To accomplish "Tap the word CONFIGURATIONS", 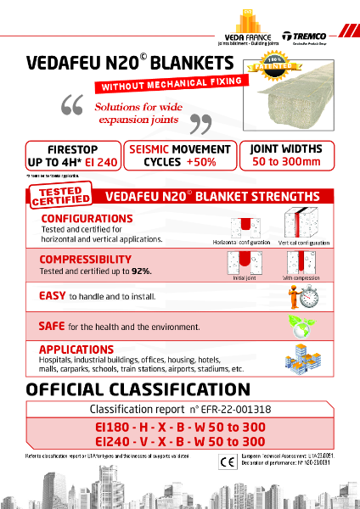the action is (x=84, y=218).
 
